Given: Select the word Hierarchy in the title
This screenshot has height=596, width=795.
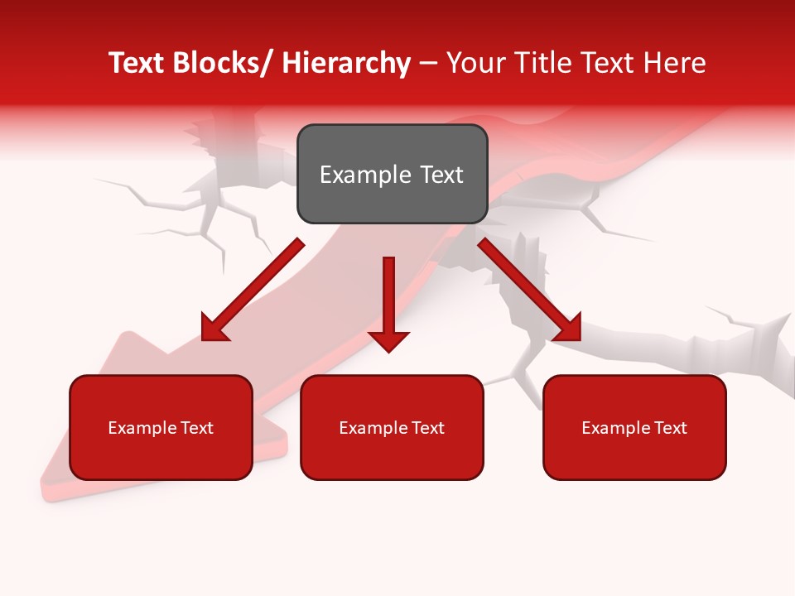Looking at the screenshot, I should coord(346,63).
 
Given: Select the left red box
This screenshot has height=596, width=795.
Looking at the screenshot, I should coord(161,455).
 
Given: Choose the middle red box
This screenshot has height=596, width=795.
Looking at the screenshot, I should coord(392,455).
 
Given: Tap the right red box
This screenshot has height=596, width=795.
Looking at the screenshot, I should coord(634,455).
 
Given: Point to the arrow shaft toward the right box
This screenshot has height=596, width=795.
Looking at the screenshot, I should coord(518,279).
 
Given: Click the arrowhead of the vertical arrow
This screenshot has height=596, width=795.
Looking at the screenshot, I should coord(388,339).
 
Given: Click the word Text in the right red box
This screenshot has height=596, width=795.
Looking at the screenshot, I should coord(670,428).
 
